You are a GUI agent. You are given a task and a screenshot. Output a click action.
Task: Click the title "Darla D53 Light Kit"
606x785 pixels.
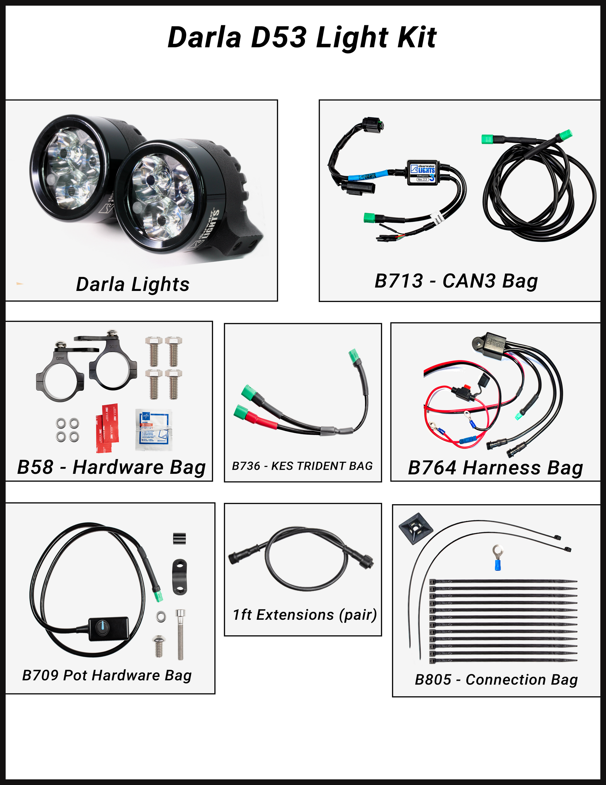[302, 37]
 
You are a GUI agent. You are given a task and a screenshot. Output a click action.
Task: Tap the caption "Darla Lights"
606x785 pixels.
[133, 285]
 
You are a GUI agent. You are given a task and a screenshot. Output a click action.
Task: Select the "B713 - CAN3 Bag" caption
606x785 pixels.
[456, 281]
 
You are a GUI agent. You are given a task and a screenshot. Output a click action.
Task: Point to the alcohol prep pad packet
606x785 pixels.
[154, 430]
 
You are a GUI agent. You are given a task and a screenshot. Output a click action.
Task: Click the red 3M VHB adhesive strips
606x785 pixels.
[107, 428]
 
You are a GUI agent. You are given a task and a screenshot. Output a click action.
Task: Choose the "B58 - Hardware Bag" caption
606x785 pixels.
[111, 467]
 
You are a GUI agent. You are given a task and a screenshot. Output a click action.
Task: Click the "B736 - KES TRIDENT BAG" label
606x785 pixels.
[302, 466]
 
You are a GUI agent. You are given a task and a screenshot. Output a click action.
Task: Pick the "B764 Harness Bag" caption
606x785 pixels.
[495, 468]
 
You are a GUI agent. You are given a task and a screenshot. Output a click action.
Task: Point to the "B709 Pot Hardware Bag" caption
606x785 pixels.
[107, 675]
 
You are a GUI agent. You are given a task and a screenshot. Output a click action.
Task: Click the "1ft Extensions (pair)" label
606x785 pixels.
[305, 615]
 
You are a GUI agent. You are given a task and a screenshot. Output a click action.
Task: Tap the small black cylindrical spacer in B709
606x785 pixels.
[179, 538]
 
